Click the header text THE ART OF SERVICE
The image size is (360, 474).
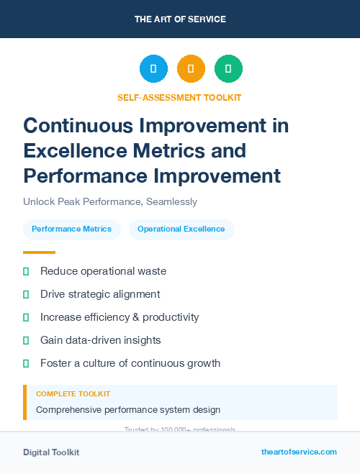tap(180, 19)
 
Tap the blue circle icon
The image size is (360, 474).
tap(153, 69)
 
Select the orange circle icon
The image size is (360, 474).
tap(191, 69)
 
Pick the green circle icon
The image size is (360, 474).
tap(228, 69)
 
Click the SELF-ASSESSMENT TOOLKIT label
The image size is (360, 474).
tap(179, 97)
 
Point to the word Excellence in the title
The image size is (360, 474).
tap(78, 150)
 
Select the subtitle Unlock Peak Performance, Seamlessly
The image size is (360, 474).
tap(110, 202)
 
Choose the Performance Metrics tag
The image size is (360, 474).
tap(72, 229)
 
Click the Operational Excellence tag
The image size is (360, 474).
tap(181, 229)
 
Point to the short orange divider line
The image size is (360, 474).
tap(39, 252)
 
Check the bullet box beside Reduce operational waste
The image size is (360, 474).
tap(26, 271)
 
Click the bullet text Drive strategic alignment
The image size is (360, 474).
tap(100, 294)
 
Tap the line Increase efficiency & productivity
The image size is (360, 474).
tap(120, 317)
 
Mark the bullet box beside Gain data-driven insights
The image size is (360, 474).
tap(26, 340)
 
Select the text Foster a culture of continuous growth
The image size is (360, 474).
tap(130, 363)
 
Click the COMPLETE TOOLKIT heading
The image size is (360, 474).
tap(73, 394)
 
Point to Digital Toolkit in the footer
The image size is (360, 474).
tap(51, 452)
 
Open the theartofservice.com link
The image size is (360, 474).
tap(299, 452)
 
